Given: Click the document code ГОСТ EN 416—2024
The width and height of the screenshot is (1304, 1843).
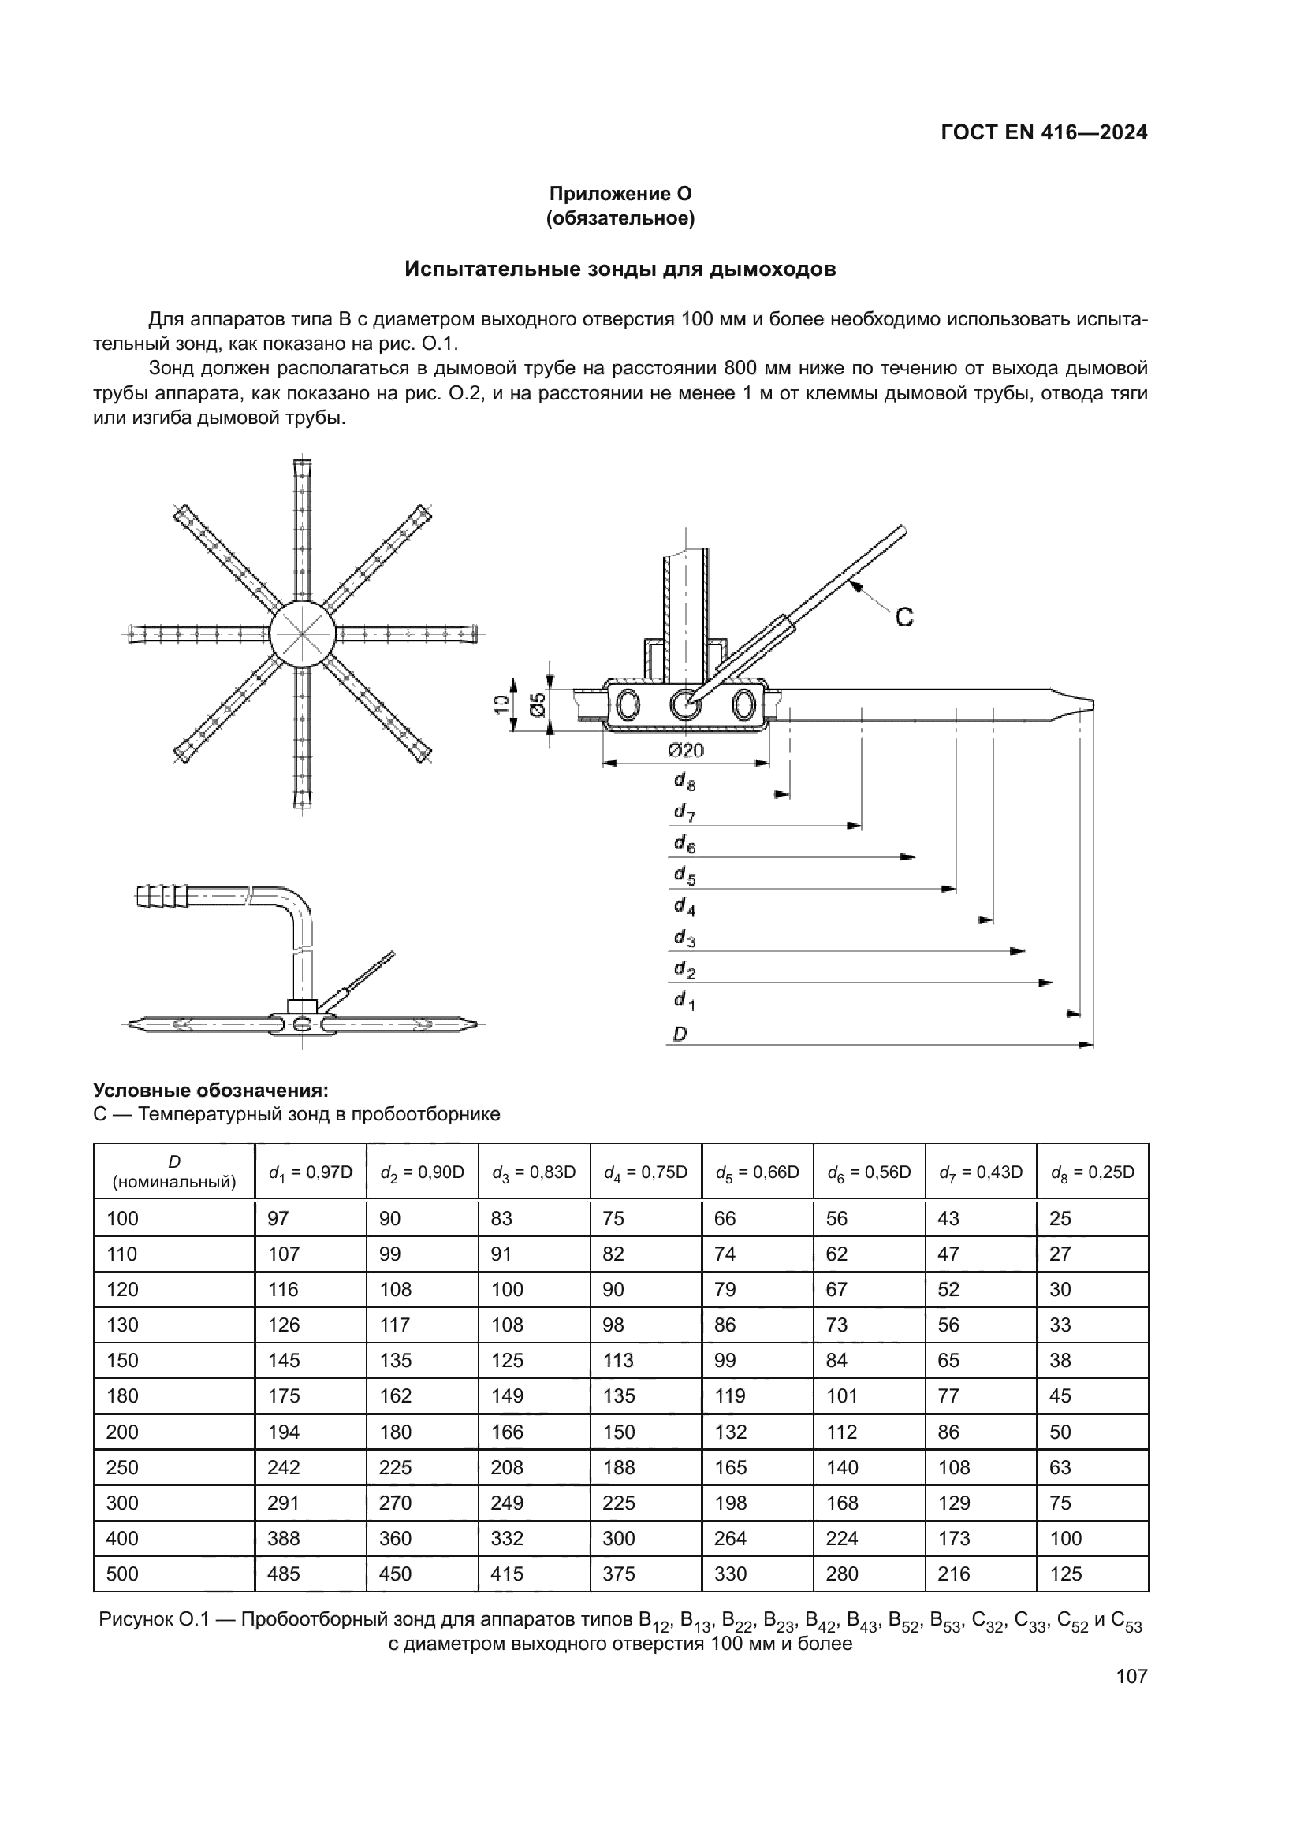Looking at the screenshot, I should click(x=1044, y=133).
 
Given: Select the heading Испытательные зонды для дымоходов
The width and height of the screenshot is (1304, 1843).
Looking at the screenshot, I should click(x=620, y=269).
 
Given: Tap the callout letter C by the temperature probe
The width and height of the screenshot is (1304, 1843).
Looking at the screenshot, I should click(x=904, y=617).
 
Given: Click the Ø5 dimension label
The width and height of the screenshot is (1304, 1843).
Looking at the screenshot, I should click(x=538, y=704).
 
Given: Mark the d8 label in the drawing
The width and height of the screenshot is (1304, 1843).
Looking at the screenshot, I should click(x=684, y=781).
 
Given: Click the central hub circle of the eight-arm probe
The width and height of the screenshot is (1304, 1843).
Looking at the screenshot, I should click(x=302, y=633).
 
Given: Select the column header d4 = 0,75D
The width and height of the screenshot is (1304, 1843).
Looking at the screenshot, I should click(x=646, y=1172).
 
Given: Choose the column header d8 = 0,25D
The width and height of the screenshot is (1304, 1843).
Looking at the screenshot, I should click(x=1092, y=1172).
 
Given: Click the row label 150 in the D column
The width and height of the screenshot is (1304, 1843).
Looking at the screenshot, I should click(x=123, y=1361).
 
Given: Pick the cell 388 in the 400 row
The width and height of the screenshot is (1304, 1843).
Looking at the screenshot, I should click(x=284, y=1539).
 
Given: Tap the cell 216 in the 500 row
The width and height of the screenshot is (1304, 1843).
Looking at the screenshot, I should click(x=954, y=1574).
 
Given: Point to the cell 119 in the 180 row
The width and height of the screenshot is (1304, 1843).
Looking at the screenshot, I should click(x=730, y=1396).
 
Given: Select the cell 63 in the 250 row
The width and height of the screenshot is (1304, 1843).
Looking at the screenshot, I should click(x=1060, y=1467).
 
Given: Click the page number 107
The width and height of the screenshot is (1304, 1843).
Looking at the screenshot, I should click(x=1131, y=1676).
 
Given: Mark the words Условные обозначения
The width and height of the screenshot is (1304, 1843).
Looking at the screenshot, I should click(x=211, y=1090).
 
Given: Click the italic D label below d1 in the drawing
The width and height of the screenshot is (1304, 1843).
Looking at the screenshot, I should click(x=680, y=1035).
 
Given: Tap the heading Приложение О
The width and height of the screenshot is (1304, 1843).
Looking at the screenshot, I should click(x=620, y=194).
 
